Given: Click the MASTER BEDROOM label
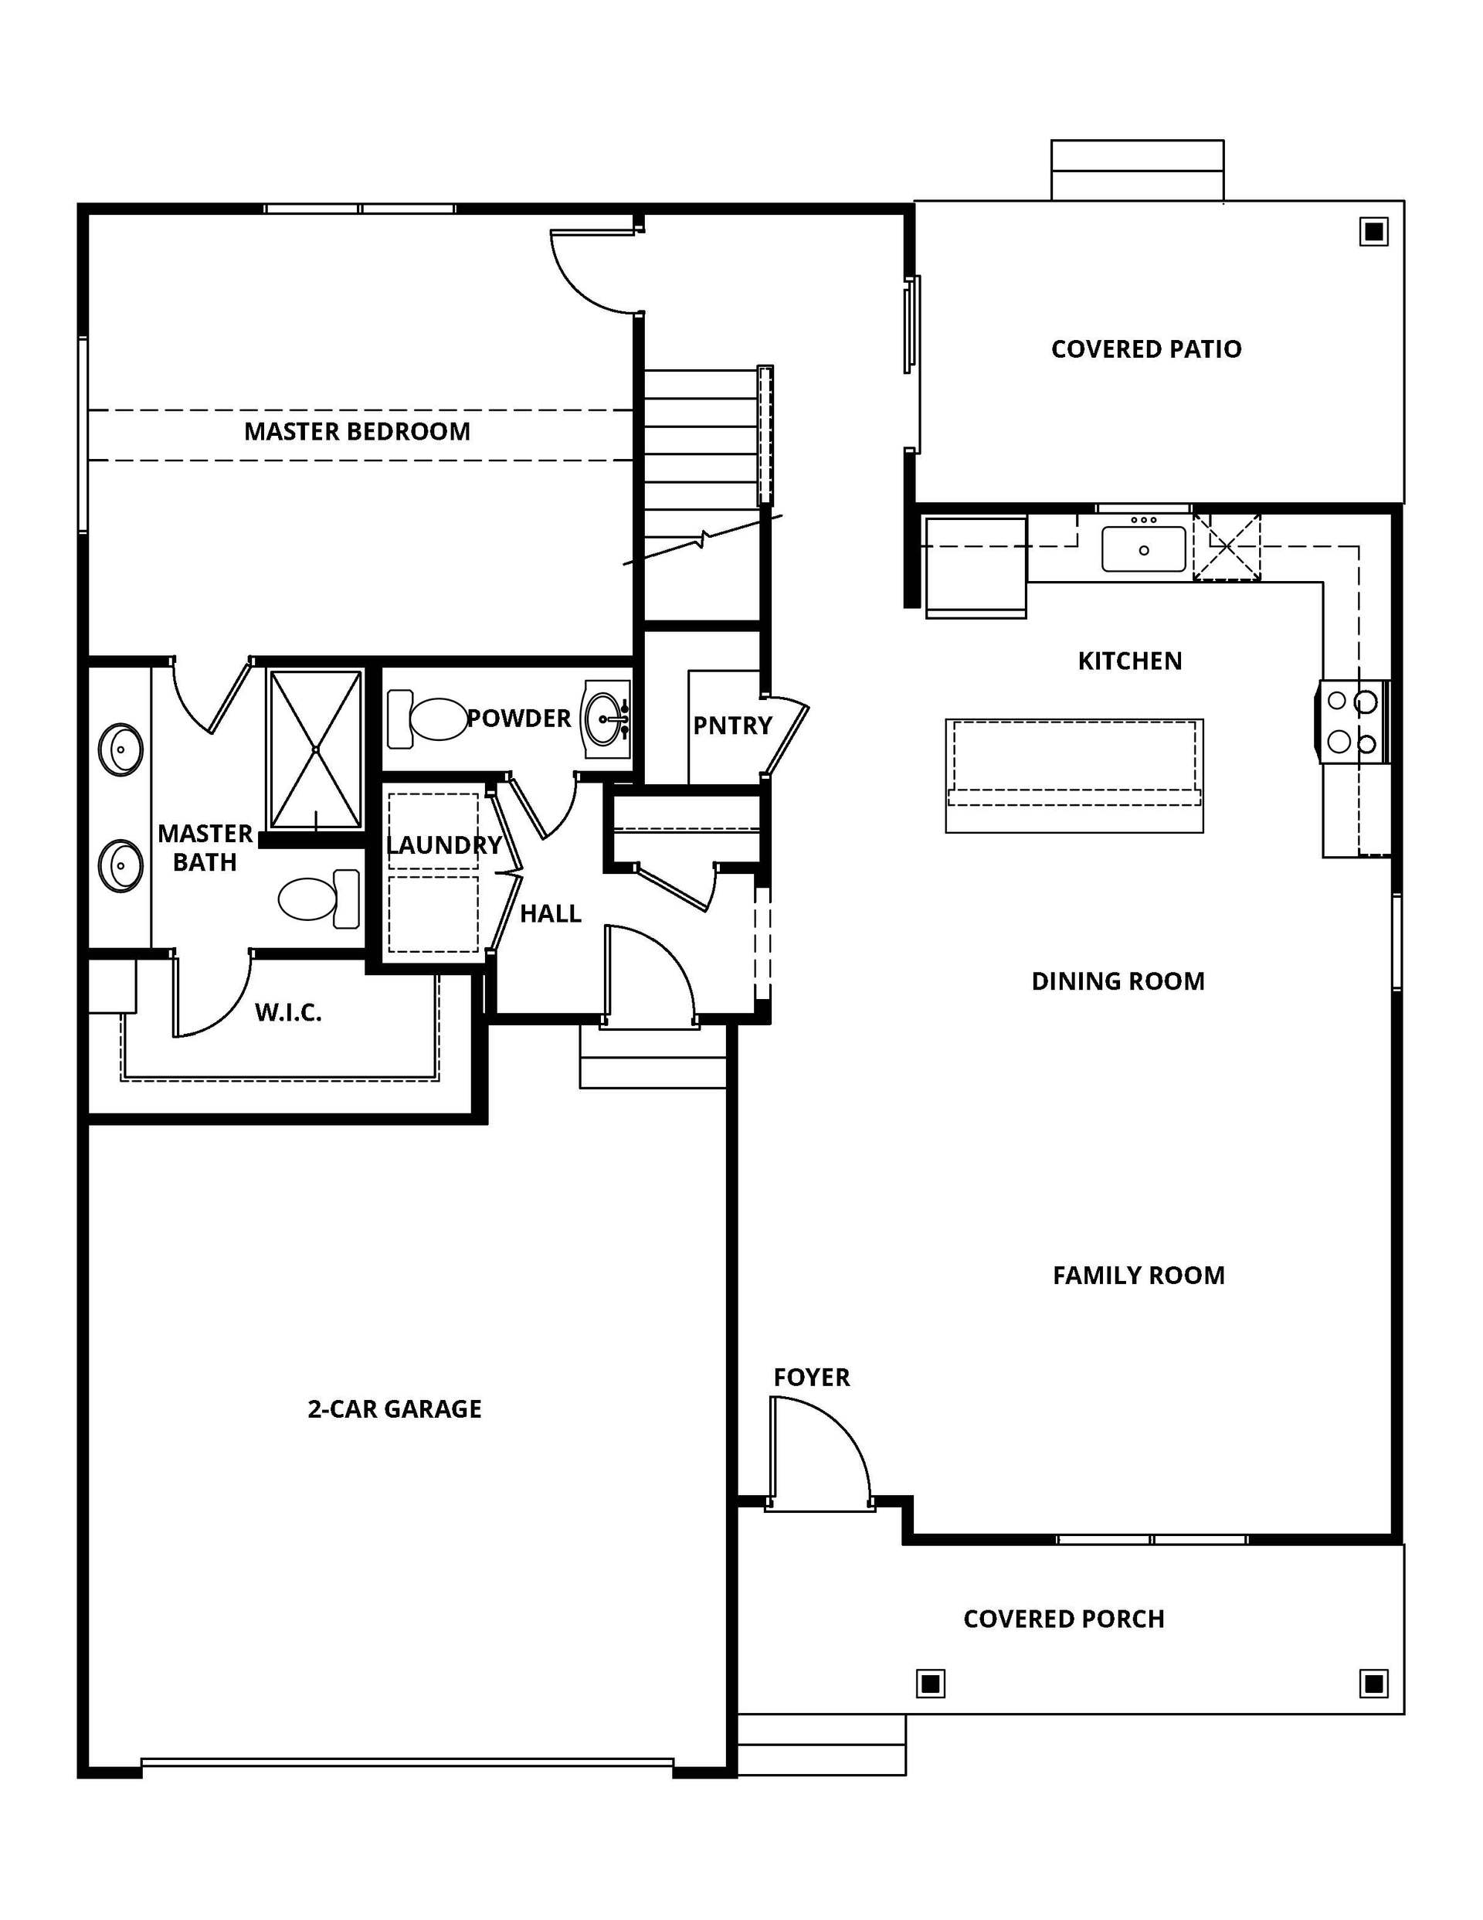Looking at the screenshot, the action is tap(357, 432).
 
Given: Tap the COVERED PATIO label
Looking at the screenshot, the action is tap(1146, 349).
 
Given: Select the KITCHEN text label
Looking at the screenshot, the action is tap(1129, 661).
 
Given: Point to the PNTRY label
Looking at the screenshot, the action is tap(732, 726).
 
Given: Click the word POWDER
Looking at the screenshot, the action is tap(518, 719).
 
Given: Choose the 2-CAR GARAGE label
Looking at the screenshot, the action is tap(395, 1409).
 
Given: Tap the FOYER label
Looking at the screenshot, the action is tap(811, 1378).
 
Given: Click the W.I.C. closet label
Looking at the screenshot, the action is tap(288, 1013).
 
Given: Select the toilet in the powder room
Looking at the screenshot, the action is tap(427, 719).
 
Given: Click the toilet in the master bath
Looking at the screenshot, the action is tap(319, 899).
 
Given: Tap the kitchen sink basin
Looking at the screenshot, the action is tap(1144, 549).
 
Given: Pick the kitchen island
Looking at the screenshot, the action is tap(1074, 776).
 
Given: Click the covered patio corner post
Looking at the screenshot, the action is tap(1374, 232).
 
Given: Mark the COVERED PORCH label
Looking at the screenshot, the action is tap(1064, 1619).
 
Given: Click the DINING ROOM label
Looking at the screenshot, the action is tap(1118, 981).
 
